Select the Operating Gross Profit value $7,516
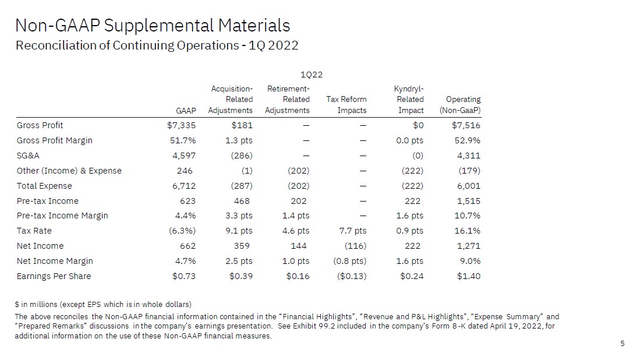(x=466, y=125)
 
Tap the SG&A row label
(x=29, y=156)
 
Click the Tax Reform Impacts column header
(x=346, y=105)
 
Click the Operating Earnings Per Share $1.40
(x=468, y=276)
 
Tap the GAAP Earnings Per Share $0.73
(x=184, y=276)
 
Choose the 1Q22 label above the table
(x=312, y=75)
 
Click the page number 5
(x=623, y=344)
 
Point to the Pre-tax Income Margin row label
(x=62, y=216)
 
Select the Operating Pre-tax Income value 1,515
(x=469, y=201)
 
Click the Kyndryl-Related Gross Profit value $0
(x=418, y=125)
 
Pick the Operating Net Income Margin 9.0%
(x=469, y=261)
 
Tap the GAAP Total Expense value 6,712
(x=184, y=186)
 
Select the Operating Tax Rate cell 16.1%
(x=467, y=231)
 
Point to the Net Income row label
(x=40, y=246)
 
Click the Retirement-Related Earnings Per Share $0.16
(x=298, y=276)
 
